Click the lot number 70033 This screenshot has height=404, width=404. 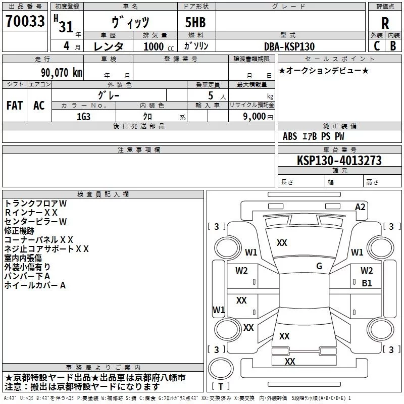pyautogui.click(x=25, y=21)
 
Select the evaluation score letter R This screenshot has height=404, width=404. pyautogui.click(x=385, y=23)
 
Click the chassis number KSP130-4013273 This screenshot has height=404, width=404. pyautogui.click(x=339, y=161)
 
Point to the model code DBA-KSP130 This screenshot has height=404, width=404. pyautogui.click(x=289, y=46)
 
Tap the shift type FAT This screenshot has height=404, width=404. pyautogui.click(x=15, y=106)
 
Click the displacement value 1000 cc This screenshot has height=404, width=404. pyautogui.click(x=155, y=46)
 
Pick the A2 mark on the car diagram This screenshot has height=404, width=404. pyautogui.click(x=360, y=207)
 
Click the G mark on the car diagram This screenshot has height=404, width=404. pyautogui.click(x=319, y=266)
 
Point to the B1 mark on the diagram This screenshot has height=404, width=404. pyautogui.click(x=367, y=283)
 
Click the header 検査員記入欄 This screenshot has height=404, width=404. pyautogui.click(x=103, y=194)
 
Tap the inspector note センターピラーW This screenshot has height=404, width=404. pyautogui.click(x=35, y=221)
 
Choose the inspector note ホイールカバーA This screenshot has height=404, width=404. pyautogui.click(x=35, y=285)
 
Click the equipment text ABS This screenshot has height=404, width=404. pyautogui.click(x=290, y=136)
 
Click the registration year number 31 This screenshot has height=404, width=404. pyautogui.click(x=66, y=27)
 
